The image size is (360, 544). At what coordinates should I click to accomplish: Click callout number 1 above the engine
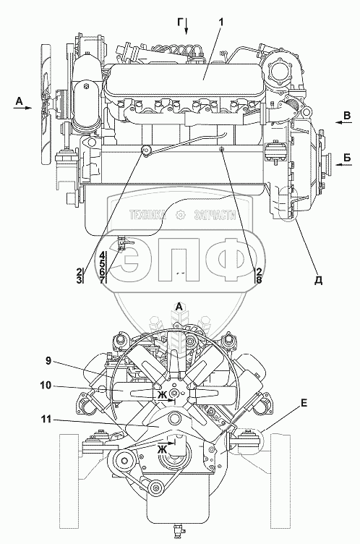(x=220, y=22)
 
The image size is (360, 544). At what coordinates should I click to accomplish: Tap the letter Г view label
(x=180, y=22)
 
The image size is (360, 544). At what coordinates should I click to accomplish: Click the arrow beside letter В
(x=343, y=122)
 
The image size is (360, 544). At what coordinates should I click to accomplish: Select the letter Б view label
(x=347, y=158)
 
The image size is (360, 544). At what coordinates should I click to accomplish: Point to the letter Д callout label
(x=318, y=281)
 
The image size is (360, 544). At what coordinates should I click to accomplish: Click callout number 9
(x=48, y=361)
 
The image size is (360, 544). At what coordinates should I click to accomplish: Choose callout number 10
(x=46, y=386)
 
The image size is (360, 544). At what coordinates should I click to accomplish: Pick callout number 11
(x=46, y=420)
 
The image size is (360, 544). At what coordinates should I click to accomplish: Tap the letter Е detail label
(x=304, y=404)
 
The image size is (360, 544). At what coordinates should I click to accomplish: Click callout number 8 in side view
(x=258, y=280)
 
